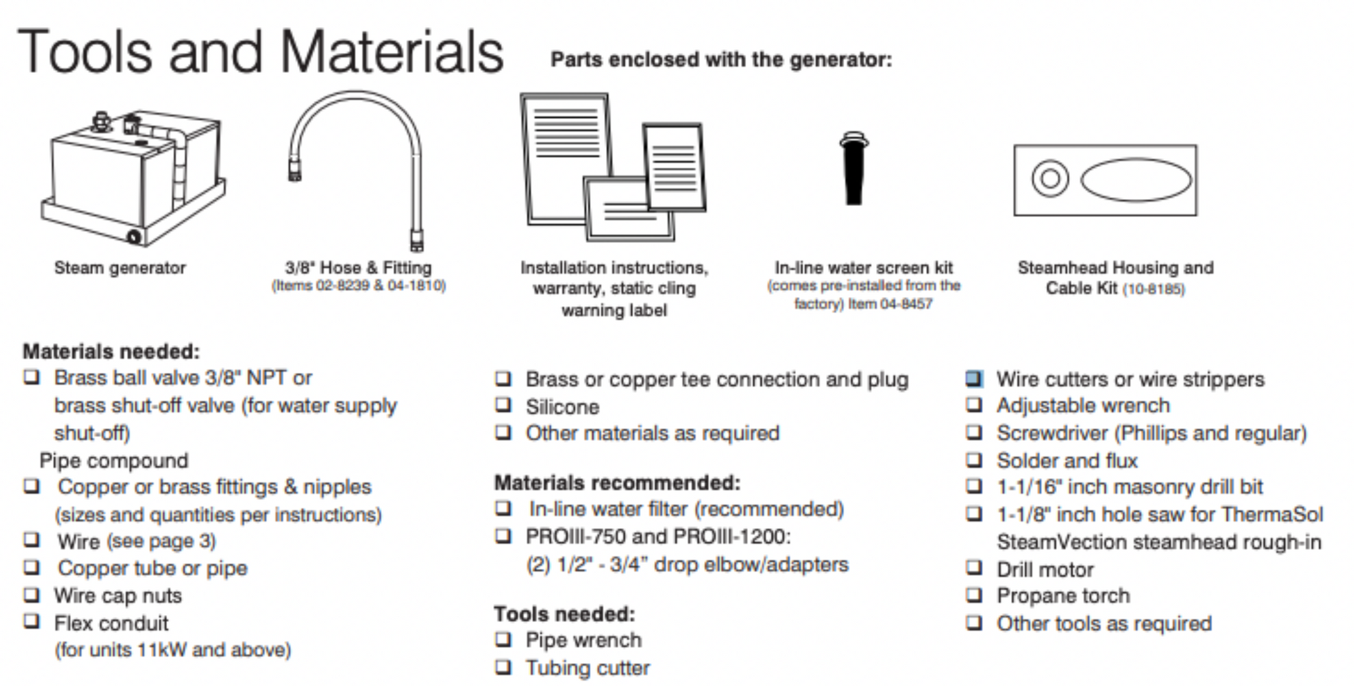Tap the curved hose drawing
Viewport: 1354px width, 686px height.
pos(356,104)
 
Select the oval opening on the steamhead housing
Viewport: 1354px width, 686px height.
pos(1136,180)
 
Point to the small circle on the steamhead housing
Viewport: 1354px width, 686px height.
pos(1049,179)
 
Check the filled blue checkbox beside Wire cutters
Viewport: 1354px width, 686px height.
pos(974,379)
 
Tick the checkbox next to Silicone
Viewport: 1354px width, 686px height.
pos(503,406)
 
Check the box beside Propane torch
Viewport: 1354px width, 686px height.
pos(974,596)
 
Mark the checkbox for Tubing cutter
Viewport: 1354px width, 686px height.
pos(503,667)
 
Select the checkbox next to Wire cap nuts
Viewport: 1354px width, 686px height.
pos(32,595)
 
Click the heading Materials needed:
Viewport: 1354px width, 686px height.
pos(111,351)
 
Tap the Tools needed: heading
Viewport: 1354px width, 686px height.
pos(564,614)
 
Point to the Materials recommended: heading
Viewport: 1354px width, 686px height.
pos(617,482)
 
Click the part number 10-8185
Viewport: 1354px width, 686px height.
pos(1154,289)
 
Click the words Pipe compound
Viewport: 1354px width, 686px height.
pos(114,461)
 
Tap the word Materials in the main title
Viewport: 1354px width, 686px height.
pos(392,52)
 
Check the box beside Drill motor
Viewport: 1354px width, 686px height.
pos(974,568)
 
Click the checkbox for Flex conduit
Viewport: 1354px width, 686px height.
pos(32,622)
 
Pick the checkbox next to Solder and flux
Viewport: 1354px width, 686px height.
pos(974,460)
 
